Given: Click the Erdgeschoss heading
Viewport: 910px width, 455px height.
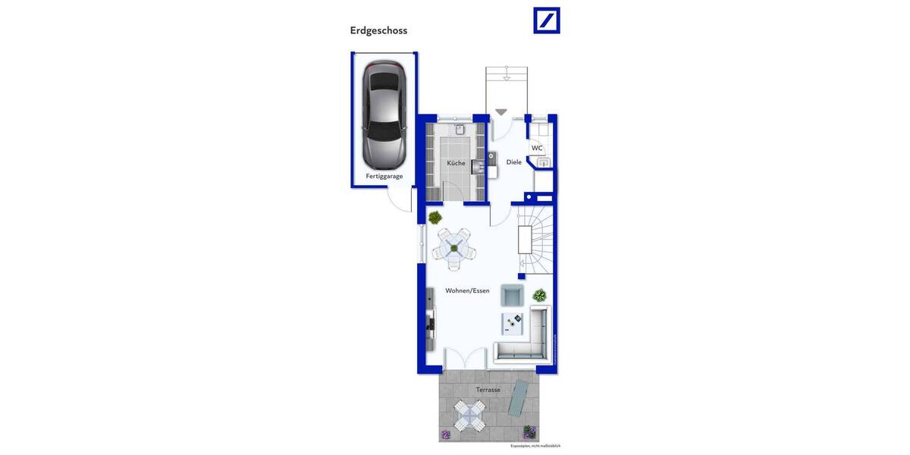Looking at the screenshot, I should pos(378,30).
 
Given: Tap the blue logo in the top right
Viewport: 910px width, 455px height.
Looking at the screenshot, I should pos(546,20).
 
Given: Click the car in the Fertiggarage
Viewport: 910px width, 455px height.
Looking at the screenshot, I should pos(384,115).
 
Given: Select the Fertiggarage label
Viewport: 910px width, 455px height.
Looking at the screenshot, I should pos(384,176).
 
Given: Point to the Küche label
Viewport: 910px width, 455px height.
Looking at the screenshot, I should pos(456,163).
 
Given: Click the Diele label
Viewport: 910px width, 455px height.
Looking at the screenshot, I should pos(513,162).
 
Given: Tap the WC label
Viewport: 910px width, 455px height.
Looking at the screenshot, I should pos(537,148).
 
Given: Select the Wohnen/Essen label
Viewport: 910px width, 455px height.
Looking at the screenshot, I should pos(467,290).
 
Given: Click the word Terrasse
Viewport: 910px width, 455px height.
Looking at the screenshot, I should pos(488,390).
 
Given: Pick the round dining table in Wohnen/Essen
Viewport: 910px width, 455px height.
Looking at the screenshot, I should pos(453,246).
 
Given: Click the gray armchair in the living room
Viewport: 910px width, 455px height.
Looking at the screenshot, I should pos(512,295).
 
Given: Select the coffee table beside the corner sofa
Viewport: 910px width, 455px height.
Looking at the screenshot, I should pos(512,324).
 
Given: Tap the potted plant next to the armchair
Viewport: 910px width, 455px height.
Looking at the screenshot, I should pos(539,295).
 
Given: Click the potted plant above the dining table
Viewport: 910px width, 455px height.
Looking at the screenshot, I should pos(435,218).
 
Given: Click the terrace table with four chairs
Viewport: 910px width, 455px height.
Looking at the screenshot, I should pos(469,416).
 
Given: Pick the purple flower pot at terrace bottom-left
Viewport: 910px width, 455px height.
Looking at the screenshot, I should pos(446,435).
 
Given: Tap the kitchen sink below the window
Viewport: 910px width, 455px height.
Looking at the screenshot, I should pos(460,130).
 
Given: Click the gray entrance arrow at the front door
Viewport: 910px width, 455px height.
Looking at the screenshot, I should pos(500,112).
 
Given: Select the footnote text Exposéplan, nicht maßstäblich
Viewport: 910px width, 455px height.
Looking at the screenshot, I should pos(535,446).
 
